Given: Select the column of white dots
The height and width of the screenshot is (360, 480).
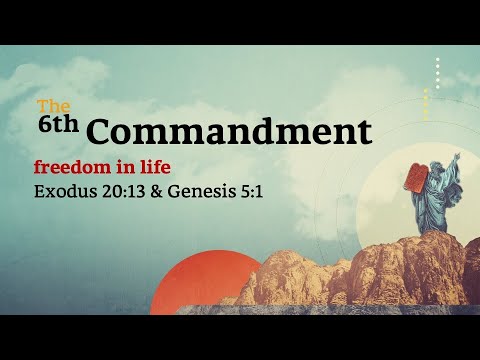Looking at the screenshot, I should (437, 73).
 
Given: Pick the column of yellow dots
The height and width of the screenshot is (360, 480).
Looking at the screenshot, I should (427, 104).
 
